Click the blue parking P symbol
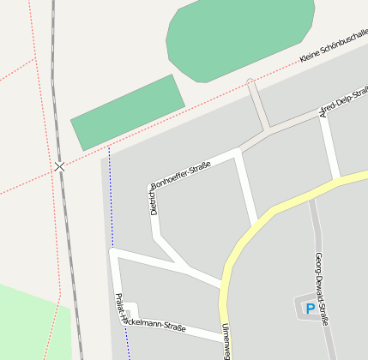point(310,309)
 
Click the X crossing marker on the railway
point(59,166)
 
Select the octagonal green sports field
point(239,39)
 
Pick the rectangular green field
point(127,111)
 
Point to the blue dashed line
point(111,197)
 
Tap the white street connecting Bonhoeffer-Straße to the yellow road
point(247,189)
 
